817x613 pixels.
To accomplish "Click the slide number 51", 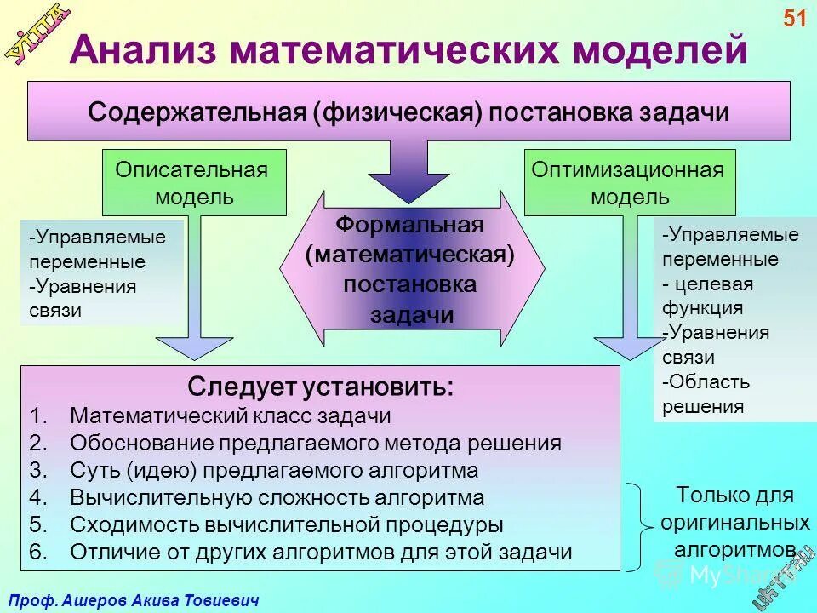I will pos(794,19).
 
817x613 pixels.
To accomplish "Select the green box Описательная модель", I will pos(194,182).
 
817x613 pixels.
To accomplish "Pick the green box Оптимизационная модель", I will pos(629,182).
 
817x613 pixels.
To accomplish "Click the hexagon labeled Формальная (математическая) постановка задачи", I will pos(411,269).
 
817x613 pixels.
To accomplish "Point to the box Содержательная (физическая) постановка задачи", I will pos(409,112).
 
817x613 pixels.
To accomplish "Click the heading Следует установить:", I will pos(321,387).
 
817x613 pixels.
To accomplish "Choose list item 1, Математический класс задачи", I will pos(230,416).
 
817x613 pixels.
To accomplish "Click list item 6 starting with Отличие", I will pos(321,551).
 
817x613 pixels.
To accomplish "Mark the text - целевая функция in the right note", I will pos(707,295).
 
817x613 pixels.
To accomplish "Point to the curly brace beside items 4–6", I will pos(637,524).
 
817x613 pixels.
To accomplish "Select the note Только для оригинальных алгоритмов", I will pos(734,522).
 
